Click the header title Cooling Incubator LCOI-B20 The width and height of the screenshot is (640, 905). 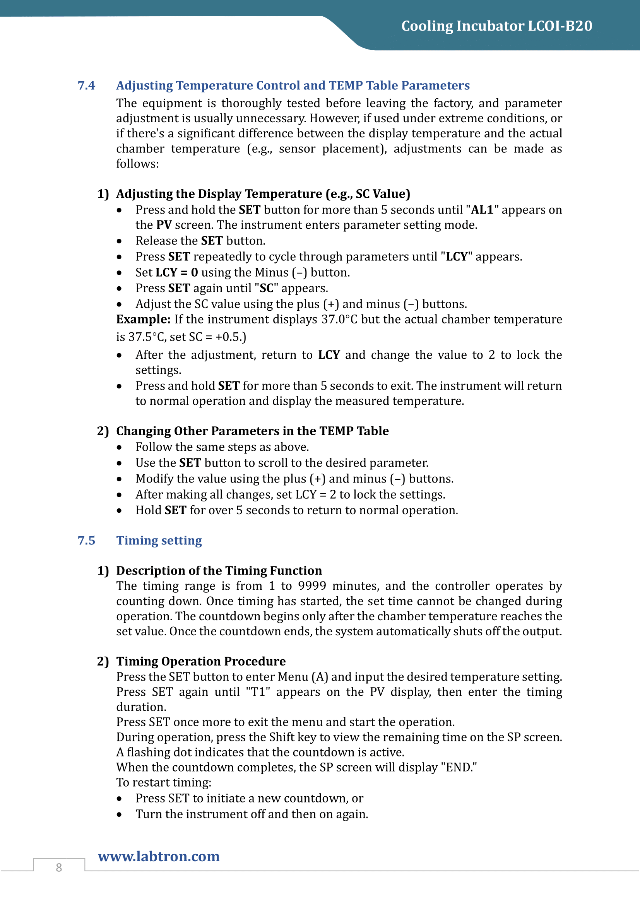(496, 26)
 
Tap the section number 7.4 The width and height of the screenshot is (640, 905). (86, 86)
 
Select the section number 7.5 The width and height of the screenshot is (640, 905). (86, 540)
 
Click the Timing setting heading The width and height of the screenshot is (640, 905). (159, 540)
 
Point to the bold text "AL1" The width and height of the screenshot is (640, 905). (483, 210)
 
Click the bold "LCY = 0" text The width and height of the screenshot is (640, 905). (177, 272)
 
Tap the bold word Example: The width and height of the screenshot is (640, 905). (143, 319)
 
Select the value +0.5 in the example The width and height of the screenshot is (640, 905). (228, 337)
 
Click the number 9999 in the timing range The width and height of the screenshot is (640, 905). (312, 586)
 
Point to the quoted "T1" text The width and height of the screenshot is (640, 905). (258, 692)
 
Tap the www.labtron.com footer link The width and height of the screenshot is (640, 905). (159, 856)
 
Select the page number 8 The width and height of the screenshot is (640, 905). (59, 867)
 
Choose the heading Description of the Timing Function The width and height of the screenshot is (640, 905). (219, 570)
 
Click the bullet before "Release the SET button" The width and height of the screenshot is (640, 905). (119, 241)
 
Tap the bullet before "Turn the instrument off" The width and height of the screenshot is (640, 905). (119, 814)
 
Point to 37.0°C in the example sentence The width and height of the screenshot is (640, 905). (339, 319)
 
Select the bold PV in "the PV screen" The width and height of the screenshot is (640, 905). (164, 225)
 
